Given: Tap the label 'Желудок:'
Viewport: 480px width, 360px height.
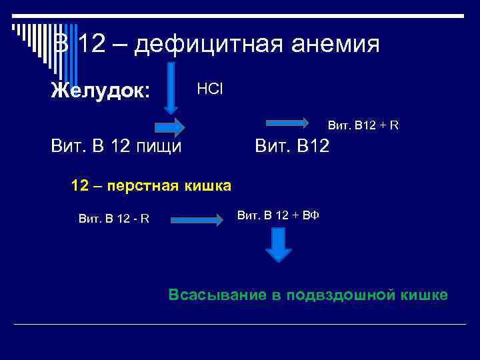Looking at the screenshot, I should tap(101, 91).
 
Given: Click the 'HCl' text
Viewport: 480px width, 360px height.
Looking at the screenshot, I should tap(209, 89).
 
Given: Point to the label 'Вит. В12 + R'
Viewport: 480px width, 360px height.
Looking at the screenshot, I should tap(363, 125).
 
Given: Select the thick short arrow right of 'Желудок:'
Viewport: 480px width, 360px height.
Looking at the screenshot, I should tap(169, 127).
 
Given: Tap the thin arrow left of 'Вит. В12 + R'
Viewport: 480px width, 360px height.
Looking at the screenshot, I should tap(288, 123).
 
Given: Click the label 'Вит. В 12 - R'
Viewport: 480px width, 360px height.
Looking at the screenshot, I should tap(113, 217).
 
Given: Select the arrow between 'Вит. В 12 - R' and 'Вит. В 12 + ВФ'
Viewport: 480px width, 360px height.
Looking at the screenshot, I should tap(196, 219).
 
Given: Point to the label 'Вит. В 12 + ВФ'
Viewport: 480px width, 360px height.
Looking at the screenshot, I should tap(279, 215).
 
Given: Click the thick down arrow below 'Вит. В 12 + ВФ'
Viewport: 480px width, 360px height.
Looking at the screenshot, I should tap(279, 245).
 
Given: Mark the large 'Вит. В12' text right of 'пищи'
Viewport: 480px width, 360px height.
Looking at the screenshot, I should tap(292, 145).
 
